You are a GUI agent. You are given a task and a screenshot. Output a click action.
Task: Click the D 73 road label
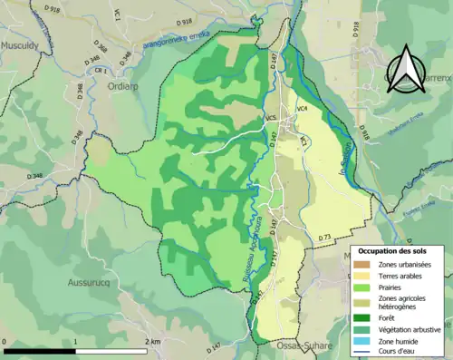326,236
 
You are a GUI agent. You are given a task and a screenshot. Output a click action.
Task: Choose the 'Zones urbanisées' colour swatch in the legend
361,263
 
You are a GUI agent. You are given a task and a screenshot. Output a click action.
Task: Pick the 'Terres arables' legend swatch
361,275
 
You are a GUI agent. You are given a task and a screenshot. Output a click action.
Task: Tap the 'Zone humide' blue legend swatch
361,340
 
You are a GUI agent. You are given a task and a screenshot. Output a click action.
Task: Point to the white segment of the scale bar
111,350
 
